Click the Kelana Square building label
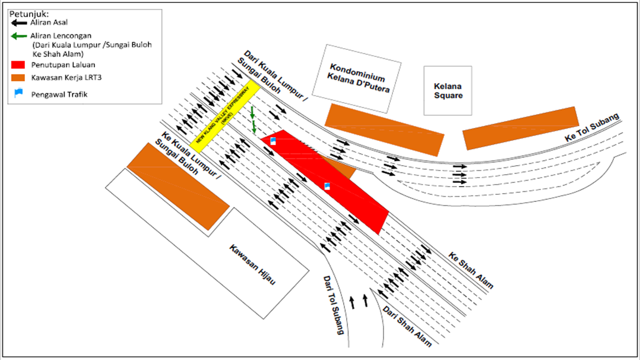click(x=448, y=91)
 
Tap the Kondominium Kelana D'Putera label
click(x=358, y=78)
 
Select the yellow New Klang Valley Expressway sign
click(x=225, y=116)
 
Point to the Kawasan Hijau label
click(x=252, y=265)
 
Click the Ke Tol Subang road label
click(x=592, y=128)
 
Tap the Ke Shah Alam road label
click(x=471, y=270)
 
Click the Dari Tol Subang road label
click(x=334, y=305)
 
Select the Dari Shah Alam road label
click(x=407, y=326)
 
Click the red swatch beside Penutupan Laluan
click(x=18, y=65)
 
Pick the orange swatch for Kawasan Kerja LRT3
click(x=18, y=77)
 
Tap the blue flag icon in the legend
click(x=18, y=93)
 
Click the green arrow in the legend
click(x=19, y=36)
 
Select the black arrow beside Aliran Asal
click(x=19, y=23)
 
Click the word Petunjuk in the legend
click(x=28, y=14)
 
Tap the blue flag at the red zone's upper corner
click(x=273, y=141)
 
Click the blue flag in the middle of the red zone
click(x=327, y=187)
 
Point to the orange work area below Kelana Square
click(x=521, y=128)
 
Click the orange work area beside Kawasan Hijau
click(x=178, y=187)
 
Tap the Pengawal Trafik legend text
click(x=59, y=94)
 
